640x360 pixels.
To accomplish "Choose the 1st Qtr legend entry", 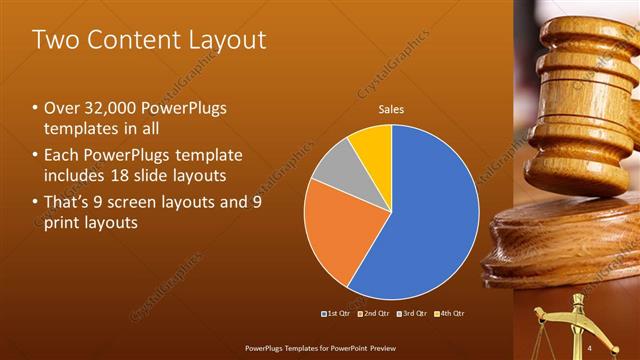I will (335, 314).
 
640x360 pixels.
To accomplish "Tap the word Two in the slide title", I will (56, 40).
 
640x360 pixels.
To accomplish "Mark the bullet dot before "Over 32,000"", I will (36, 108).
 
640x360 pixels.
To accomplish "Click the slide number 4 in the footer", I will (590, 346).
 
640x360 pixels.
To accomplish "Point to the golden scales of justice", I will (574, 325).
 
